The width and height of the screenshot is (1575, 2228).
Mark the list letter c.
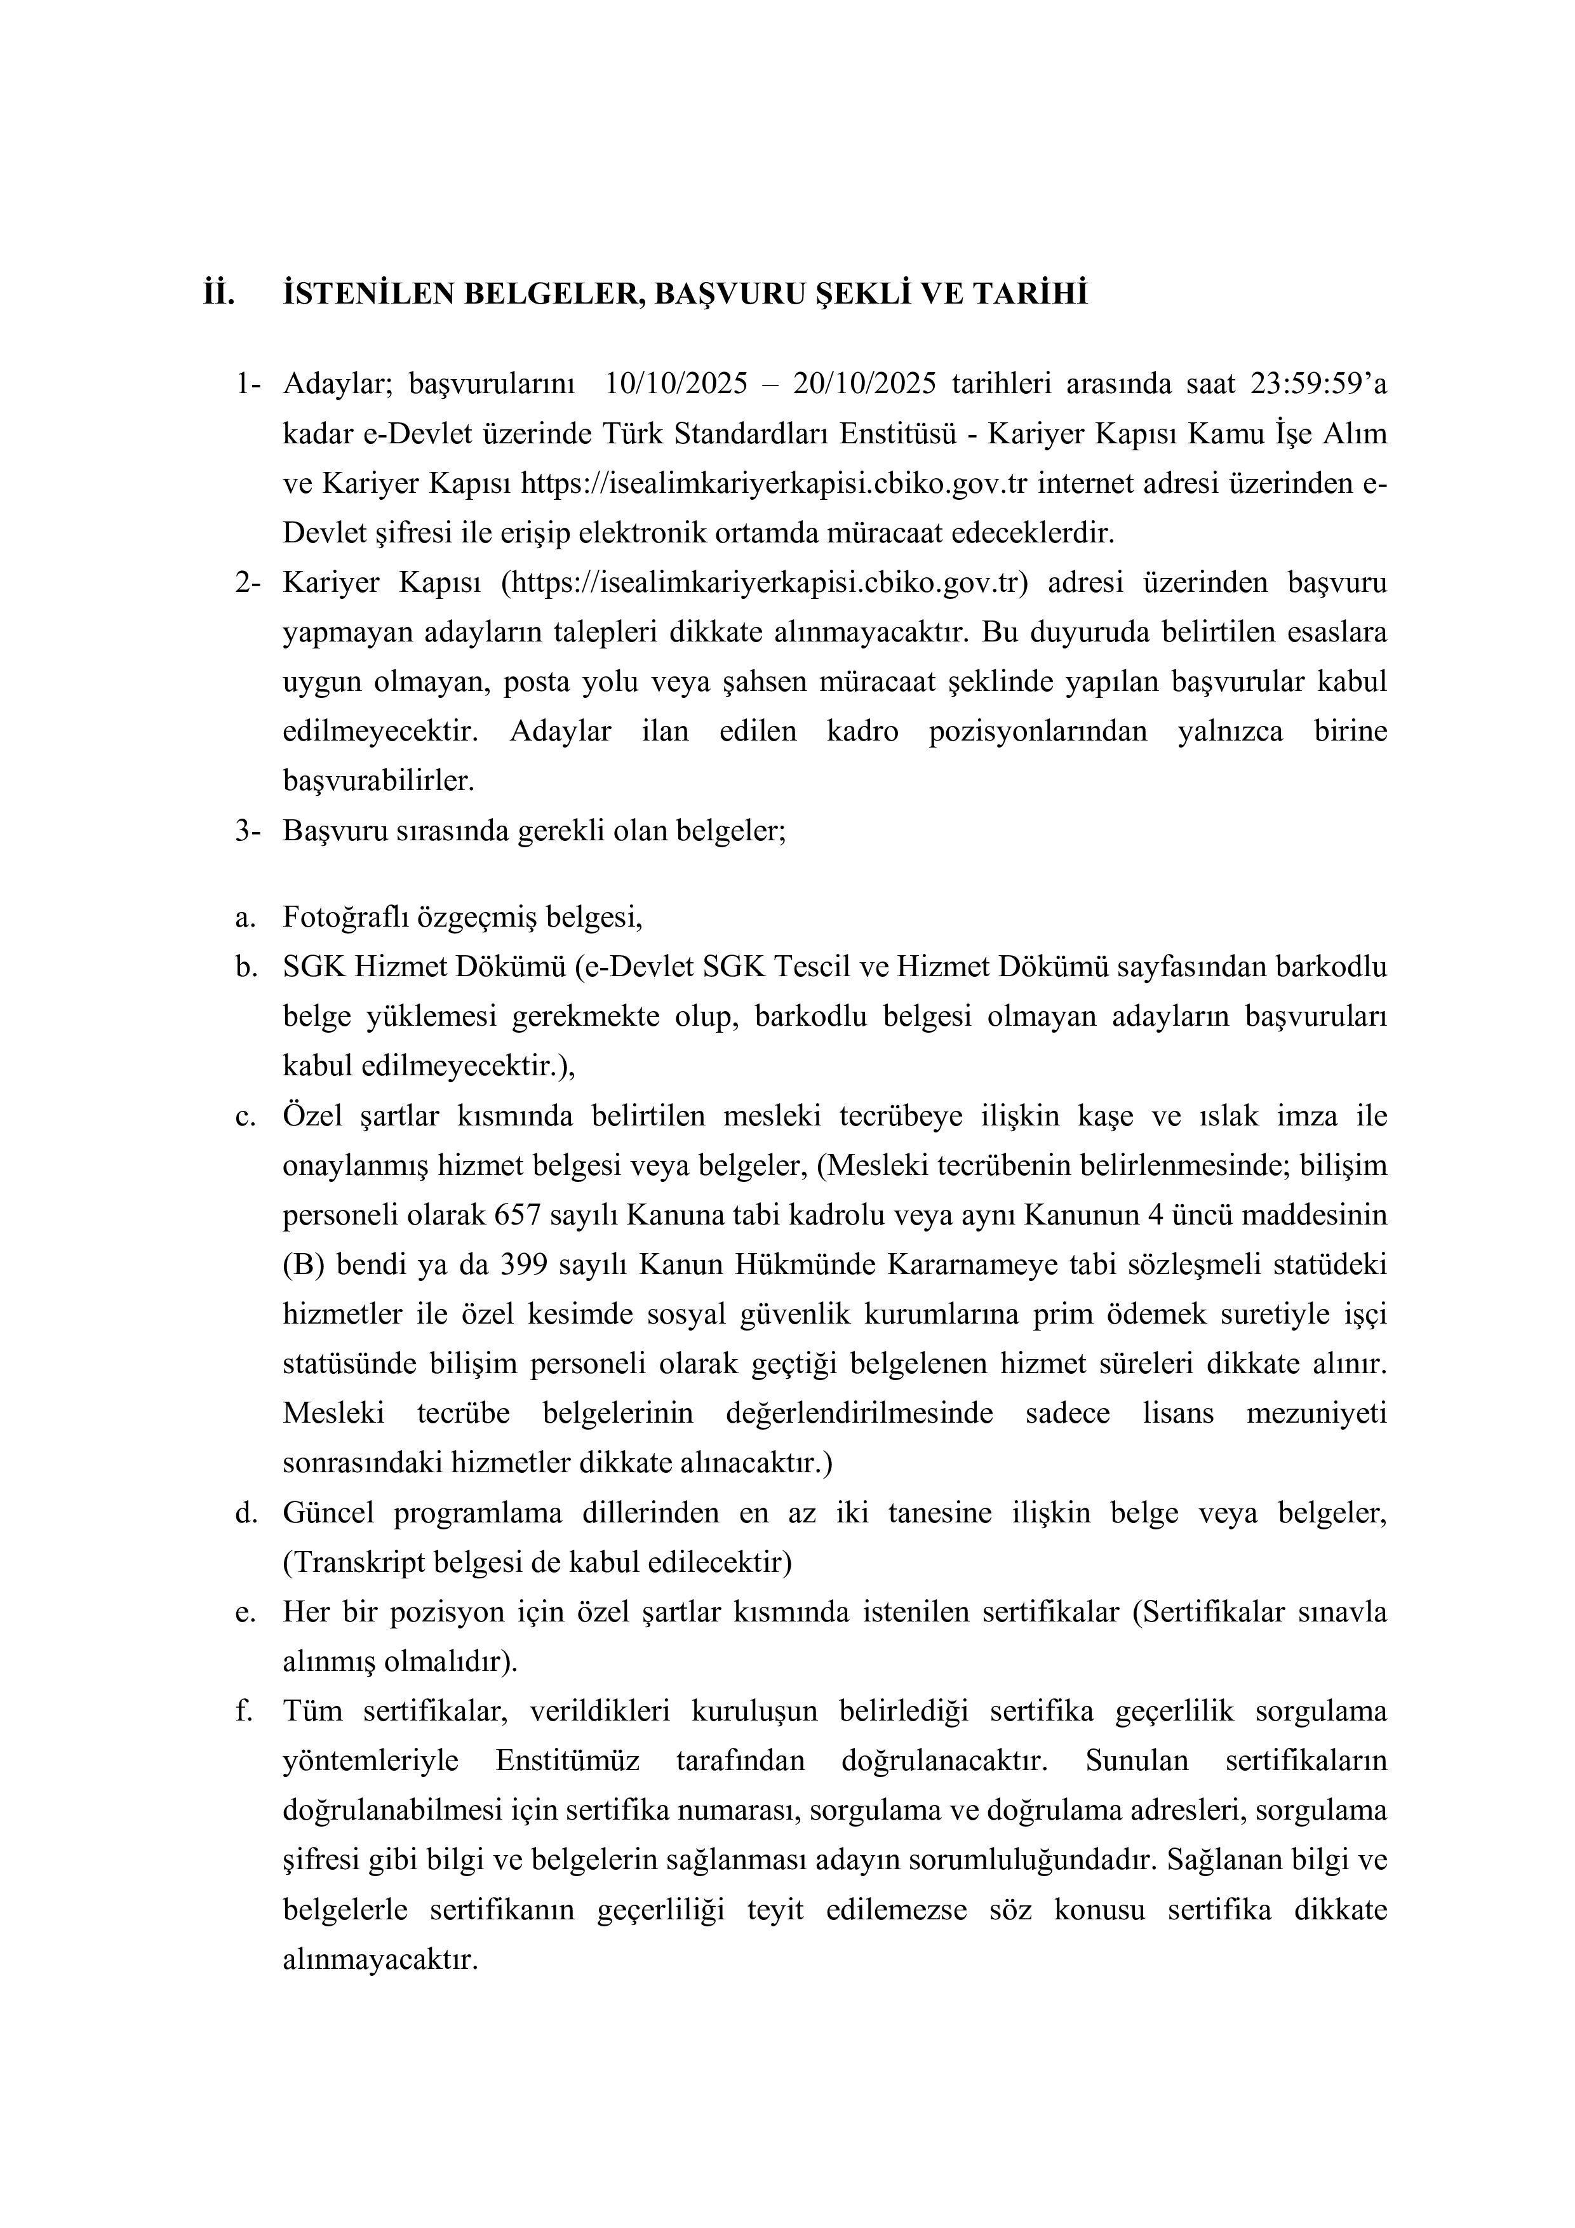244,1116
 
